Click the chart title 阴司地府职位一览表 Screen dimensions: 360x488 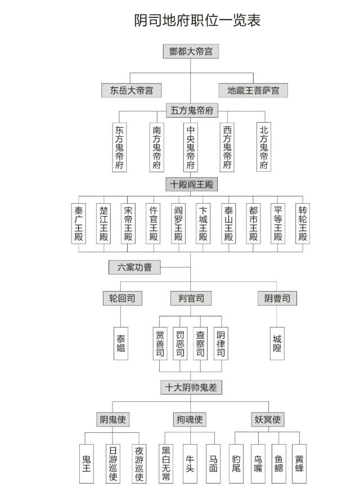pyautogui.click(x=197, y=20)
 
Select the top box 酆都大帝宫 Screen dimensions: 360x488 pyautogui.click(x=191, y=51)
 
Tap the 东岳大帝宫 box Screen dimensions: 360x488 pyautogui.click(x=131, y=90)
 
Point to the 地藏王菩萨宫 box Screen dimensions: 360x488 pyautogui.click(x=253, y=90)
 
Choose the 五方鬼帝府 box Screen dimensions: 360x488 pyautogui.click(x=192, y=110)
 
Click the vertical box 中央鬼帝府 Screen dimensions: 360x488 pyautogui.click(x=191, y=147)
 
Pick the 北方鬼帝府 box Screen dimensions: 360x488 pyautogui.click(x=264, y=147)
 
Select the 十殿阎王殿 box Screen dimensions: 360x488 pyautogui.click(x=191, y=184)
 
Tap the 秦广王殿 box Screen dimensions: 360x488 pyautogui.click(x=78, y=223)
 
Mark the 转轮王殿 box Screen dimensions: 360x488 pyautogui.click(x=303, y=223)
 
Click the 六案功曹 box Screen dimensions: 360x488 pyautogui.click(x=134, y=267)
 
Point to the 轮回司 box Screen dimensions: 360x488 pyautogui.click(x=122, y=298)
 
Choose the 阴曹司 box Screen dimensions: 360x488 pyautogui.click(x=277, y=298)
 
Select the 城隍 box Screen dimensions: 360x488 pyautogui.click(x=277, y=343)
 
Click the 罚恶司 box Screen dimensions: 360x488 pyautogui.click(x=180, y=343)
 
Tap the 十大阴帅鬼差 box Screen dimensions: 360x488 pyautogui.click(x=191, y=387)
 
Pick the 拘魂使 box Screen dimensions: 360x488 pyautogui.click(x=190, y=419)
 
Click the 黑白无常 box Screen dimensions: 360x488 pyautogui.click(x=166, y=463)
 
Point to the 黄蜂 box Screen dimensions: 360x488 pyautogui.click(x=299, y=463)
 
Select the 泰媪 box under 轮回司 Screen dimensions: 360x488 pyautogui.click(x=121, y=343)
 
